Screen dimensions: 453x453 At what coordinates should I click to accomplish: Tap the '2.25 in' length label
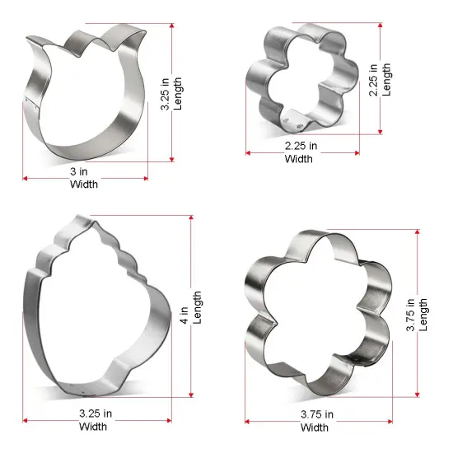click(x=375, y=81)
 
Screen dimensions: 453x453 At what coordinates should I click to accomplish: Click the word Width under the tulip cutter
click(x=83, y=184)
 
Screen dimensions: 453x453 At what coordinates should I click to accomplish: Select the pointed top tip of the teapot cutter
click(x=82, y=217)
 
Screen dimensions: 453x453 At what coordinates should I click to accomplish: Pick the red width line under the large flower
click(x=315, y=421)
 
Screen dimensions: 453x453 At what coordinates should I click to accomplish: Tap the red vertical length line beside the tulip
click(x=174, y=91)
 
